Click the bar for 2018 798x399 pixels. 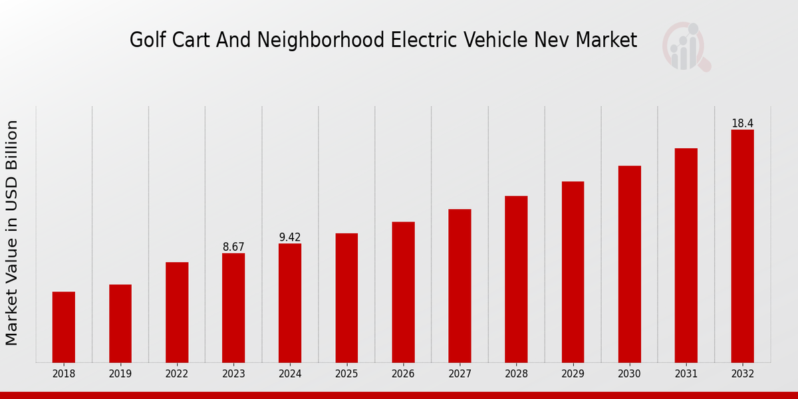click(x=64, y=327)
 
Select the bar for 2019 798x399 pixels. click(x=120, y=323)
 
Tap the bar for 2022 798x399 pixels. click(x=177, y=313)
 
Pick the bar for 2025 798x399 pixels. click(x=346, y=298)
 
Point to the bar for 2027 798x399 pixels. click(x=460, y=286)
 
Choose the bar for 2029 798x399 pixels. click(x=573, y=272)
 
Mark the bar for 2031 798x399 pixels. click(x=686, y=255)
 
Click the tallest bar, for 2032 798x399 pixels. click(x=742, y=246)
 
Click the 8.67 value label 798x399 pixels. click(x=233, y=247)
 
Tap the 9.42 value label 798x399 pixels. click(x=290, y=237)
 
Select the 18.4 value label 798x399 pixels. click(x=742, y=124)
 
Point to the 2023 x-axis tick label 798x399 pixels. click(x=233, y=374)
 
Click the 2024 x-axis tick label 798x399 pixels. click(x=290, y=374)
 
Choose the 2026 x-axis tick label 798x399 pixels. click(x=403, y=374)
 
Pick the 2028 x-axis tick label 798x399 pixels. click(x=516, y=374)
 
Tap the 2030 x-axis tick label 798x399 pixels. click(x=629, y=374)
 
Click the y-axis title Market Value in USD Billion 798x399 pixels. click(x=12, y=233)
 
